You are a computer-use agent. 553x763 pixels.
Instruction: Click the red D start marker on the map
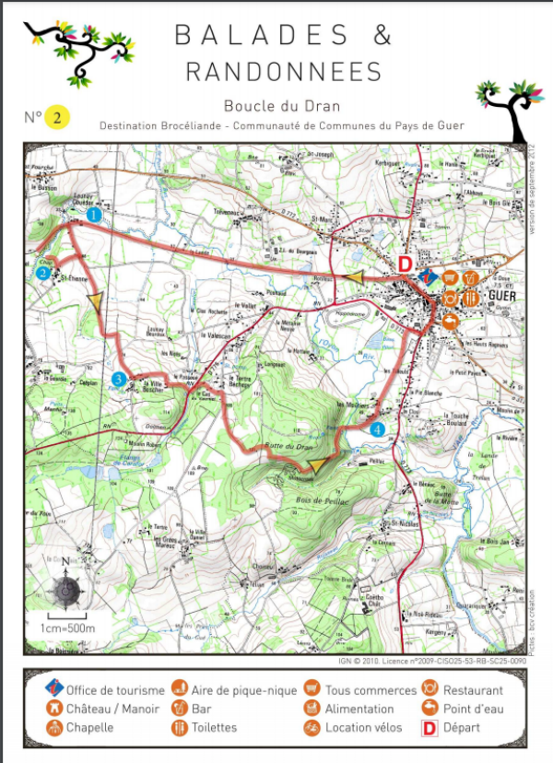pos(404,264)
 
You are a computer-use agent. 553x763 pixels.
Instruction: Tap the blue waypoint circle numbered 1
pos(93,215)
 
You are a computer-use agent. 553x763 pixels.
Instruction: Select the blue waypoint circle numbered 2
pos(42,273)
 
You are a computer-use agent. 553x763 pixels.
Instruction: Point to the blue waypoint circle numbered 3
pos(118,379)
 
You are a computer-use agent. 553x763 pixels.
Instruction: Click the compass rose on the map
pos(65,587)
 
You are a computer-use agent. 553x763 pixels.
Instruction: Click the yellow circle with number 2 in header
pos(58,117)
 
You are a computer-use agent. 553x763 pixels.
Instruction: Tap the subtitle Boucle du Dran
pos(276,106)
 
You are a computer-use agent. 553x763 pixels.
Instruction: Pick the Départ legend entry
pos(462,728)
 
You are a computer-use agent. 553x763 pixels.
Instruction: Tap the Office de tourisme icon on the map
pos(426,276)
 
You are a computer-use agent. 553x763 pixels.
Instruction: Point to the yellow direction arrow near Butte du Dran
pos(319,466)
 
